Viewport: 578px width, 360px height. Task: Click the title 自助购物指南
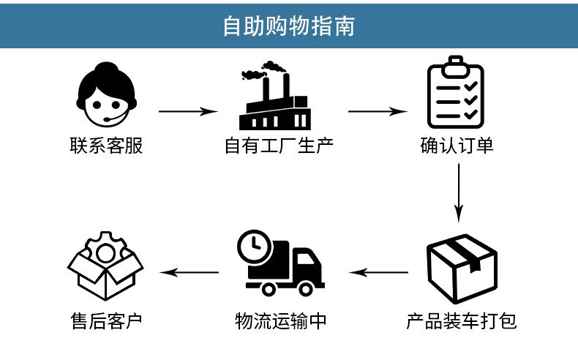coord(288,26)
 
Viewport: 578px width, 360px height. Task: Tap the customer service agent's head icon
coord(107,94)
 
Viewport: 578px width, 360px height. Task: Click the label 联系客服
coord(106,146)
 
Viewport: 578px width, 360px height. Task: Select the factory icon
coord(274,95)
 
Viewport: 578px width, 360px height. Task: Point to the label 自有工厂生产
coord(279,146)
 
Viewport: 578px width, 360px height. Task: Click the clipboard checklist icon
coord(456,92)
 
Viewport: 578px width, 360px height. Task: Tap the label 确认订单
coord(457,146)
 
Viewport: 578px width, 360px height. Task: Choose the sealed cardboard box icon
coord(462,269)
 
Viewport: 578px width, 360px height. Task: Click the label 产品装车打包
coord(461,321)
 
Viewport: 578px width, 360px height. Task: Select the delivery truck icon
coord(281,263)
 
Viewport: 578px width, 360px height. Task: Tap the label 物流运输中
coord(280,321)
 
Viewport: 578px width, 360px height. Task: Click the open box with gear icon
coord(105,266)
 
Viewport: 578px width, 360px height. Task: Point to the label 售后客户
coord(106,321)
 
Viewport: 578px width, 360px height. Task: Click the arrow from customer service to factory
coord(188,111)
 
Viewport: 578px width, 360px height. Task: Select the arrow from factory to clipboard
coord(378,111)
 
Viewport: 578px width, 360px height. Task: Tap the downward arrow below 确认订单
coord(459,193)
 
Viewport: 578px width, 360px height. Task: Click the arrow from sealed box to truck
coord(378,273)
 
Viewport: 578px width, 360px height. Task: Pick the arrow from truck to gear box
coord(189,273)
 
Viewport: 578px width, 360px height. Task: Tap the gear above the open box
coord(106,247)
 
